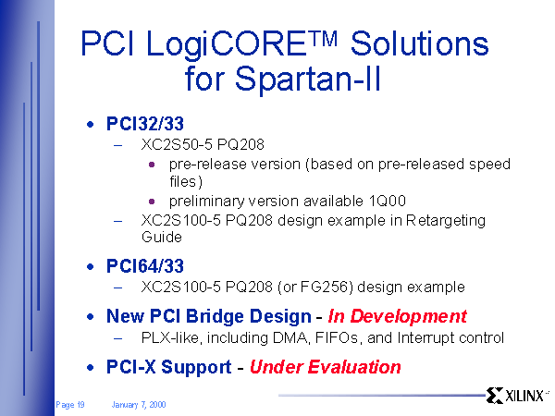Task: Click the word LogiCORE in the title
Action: coord(226,44)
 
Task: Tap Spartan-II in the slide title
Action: coord(307,79)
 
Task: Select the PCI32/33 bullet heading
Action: coord(145,124)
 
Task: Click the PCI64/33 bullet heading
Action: coord(145,266)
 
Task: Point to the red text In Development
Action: coord(398,316)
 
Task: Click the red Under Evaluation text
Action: coord(326,367)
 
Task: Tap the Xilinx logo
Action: coord(516,396)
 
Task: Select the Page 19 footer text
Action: coord(70,405)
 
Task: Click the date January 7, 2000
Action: coord(139,405)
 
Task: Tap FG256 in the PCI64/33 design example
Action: coord(325,287)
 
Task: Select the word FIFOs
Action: coord(337,337)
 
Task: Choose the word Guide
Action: coord(161,237)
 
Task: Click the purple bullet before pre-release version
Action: coord(152,165)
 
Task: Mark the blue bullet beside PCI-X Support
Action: coord(91,368)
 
